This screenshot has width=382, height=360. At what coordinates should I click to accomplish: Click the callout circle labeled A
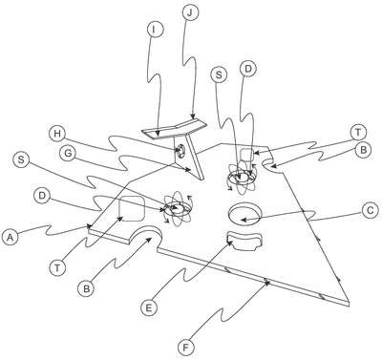[x=11, y=238]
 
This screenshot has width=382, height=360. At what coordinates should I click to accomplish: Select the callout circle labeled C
[x=371, y=211]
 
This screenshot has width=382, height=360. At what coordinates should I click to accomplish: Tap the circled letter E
[x=149, y=307]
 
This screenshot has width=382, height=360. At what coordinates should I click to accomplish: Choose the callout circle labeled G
[x=68, y=154]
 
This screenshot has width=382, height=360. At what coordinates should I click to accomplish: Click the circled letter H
[x=57, y=134]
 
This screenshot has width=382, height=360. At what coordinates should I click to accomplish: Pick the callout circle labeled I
[x=155, y=30]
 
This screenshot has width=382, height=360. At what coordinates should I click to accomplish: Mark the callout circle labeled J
[x=190, y=12]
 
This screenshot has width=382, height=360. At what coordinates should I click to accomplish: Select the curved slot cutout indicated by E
[x=244, y=242]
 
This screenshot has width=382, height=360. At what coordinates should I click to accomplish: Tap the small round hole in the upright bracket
[x=180, y=150]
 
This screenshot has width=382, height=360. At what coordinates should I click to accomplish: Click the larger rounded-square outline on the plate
[x=132, y=208]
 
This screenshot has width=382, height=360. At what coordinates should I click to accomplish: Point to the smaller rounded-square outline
[x=247, y=155]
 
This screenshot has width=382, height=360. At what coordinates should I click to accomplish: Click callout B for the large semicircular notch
[x=86, y=288]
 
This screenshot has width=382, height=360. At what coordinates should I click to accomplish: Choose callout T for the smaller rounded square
[x=358, y=132]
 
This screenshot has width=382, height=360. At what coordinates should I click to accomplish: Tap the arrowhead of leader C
[x=244, y=220]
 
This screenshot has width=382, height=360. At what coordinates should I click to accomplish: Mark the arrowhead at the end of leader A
[x=88, y=226]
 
